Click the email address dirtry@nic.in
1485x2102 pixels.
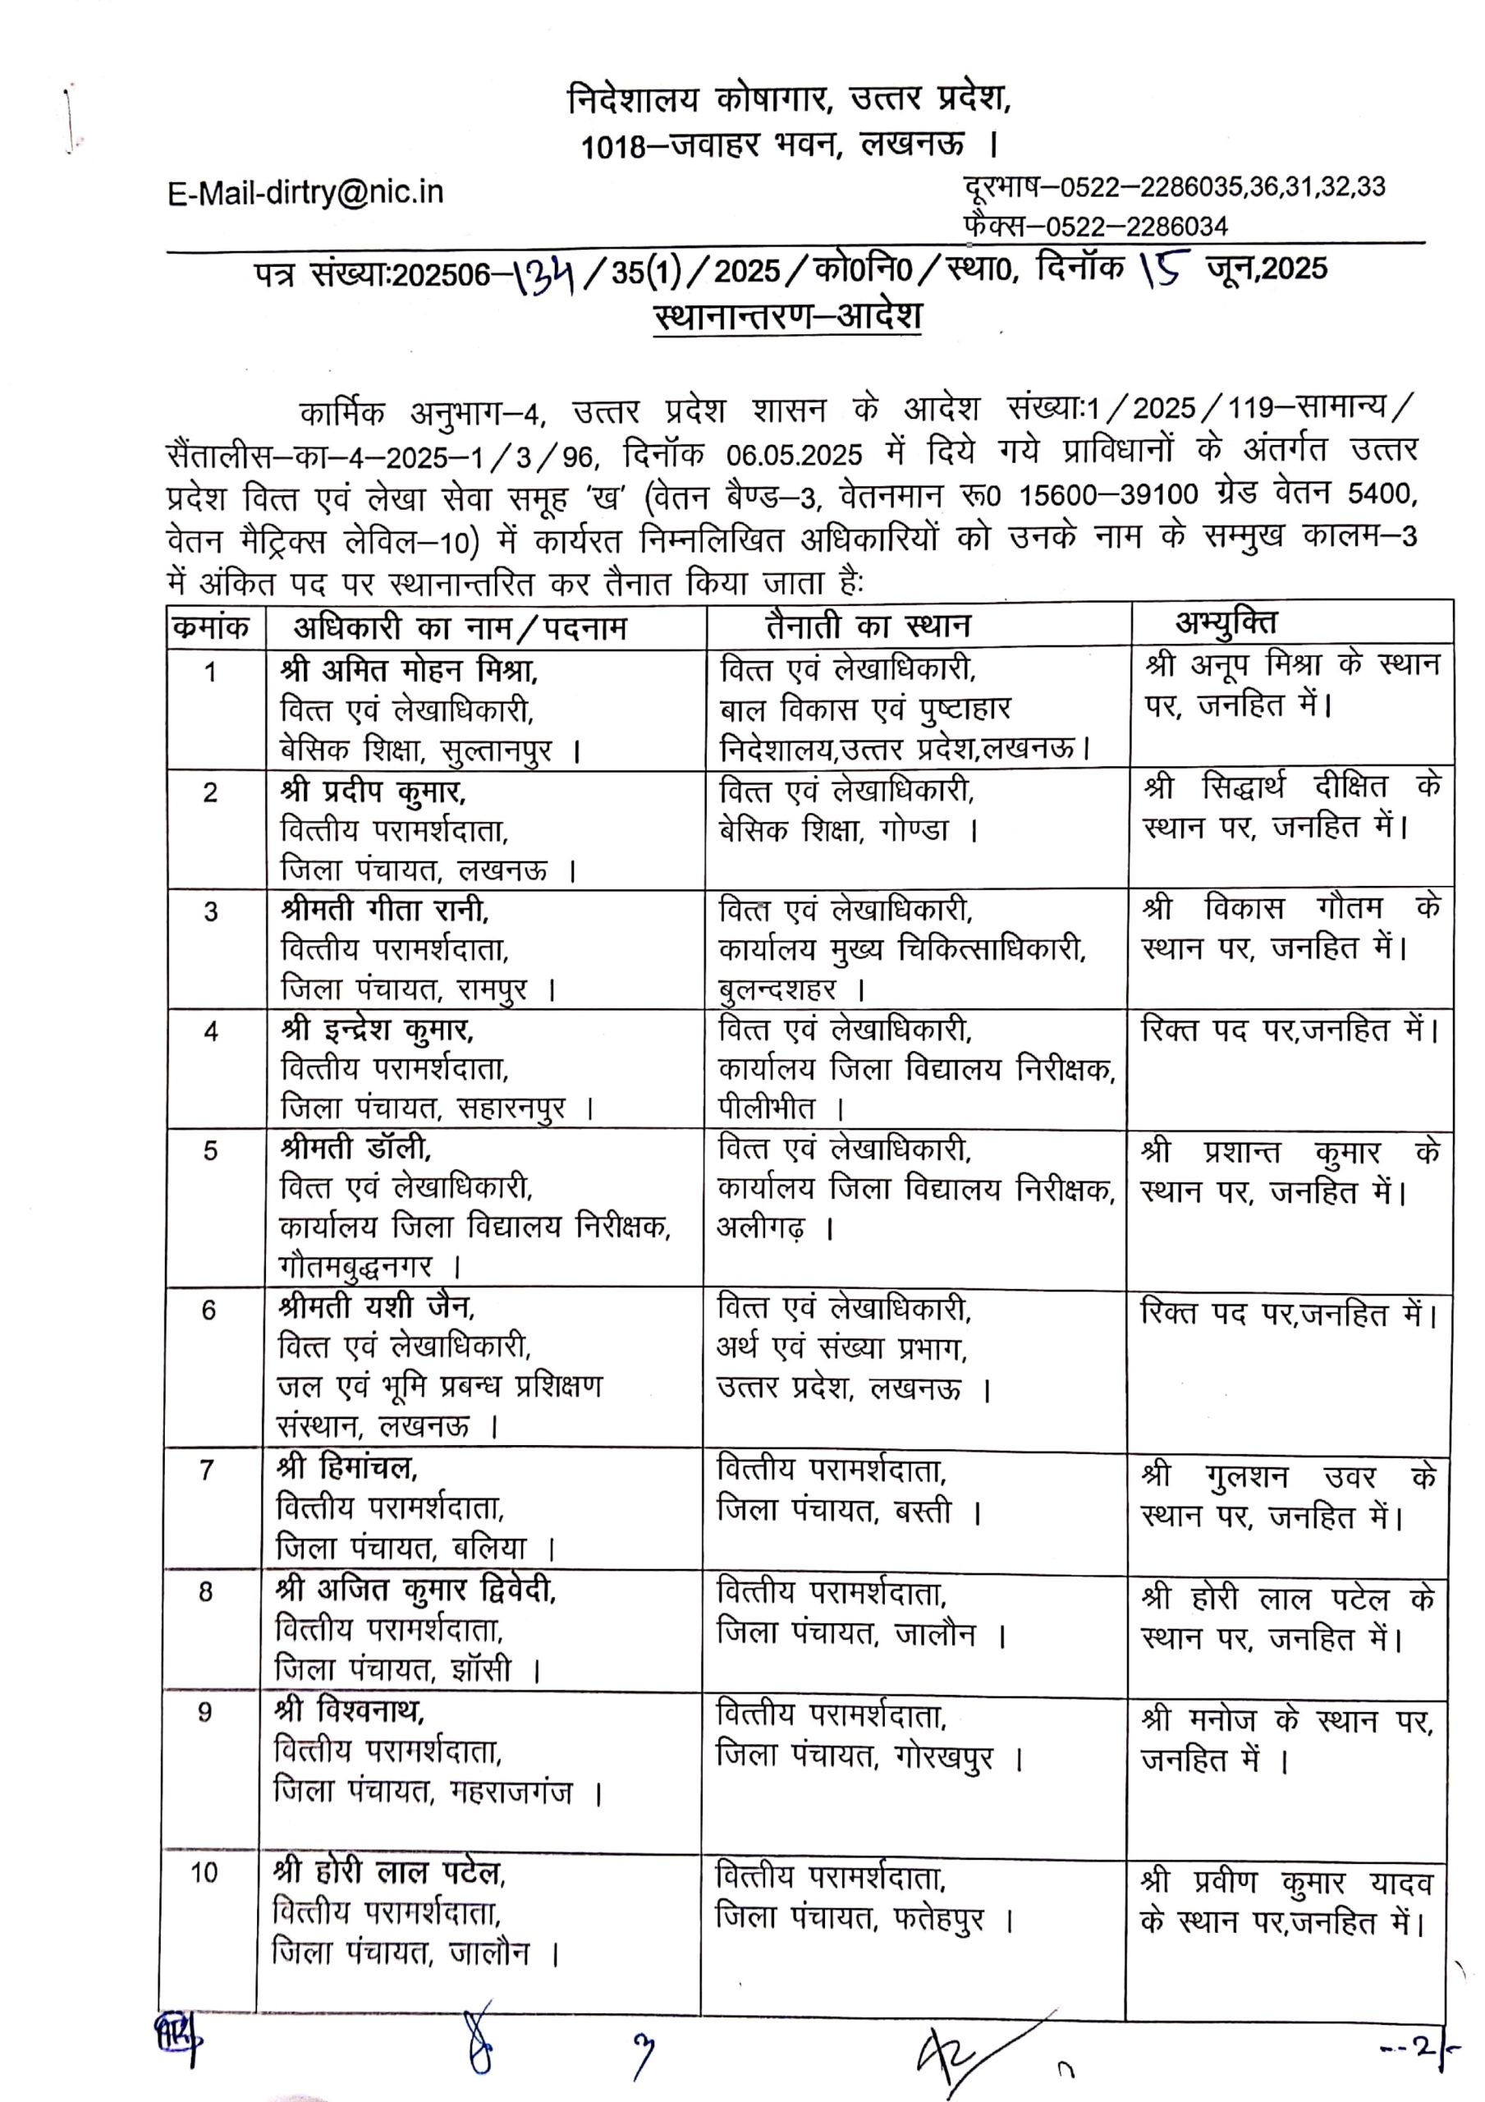[x=306, y=193]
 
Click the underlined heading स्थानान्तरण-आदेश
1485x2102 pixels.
[x=787, y=317]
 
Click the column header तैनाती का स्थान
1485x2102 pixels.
[x=867, y=626]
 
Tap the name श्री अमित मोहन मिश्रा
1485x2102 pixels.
[x=410, y=671]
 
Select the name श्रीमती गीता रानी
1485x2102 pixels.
[x=384, y=910]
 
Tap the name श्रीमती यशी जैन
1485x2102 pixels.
[x=376, y=1307]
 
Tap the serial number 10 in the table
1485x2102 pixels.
[x=204, y=1874]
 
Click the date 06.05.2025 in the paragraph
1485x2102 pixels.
[x=794, y=455]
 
